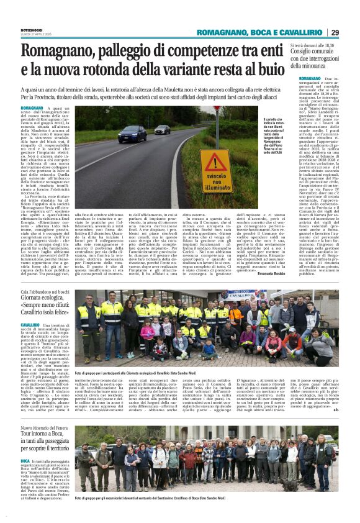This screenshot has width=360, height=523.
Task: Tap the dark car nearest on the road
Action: [132, 134]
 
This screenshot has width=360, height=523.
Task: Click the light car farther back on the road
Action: [162, 129]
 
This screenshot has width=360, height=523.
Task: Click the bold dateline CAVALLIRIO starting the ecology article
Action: [30, 324]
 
